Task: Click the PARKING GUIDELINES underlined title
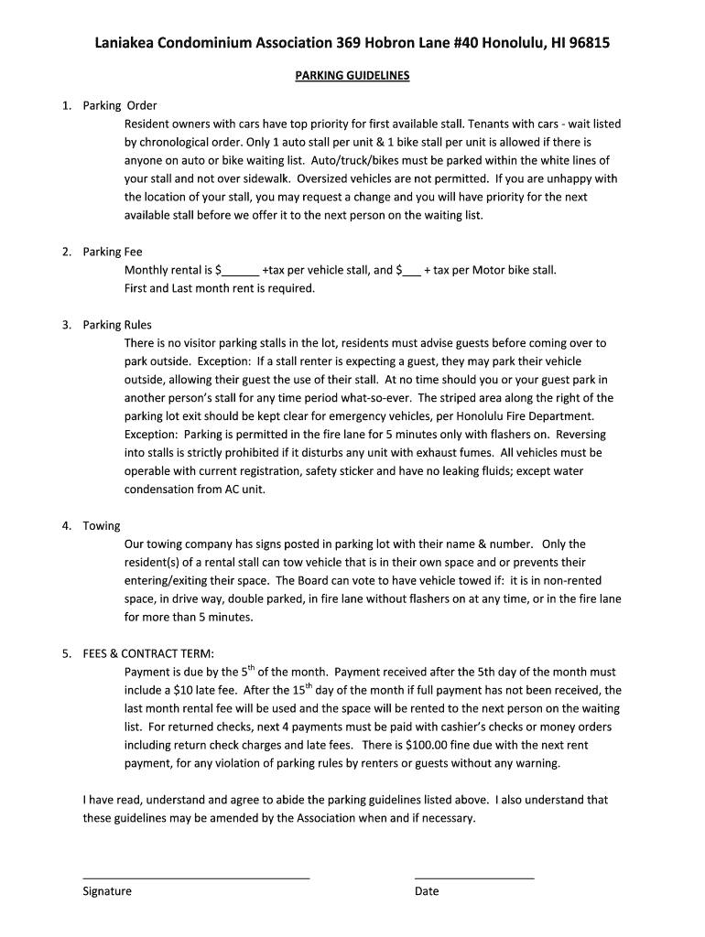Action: (x=352, y=76)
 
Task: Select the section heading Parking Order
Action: (x=119, y=105)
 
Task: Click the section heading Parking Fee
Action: (x=113, y=252)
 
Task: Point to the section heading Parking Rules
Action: (x=117, y=325)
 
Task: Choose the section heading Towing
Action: (x=102, y=526)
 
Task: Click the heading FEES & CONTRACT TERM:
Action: (x=148, y=654)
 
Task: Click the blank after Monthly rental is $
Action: (x=240, y=272)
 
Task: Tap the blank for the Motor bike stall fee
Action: (x=411, y=272)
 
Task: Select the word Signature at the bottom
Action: (x=107, y=891)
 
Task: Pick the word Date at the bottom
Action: (x=427, y=891)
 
